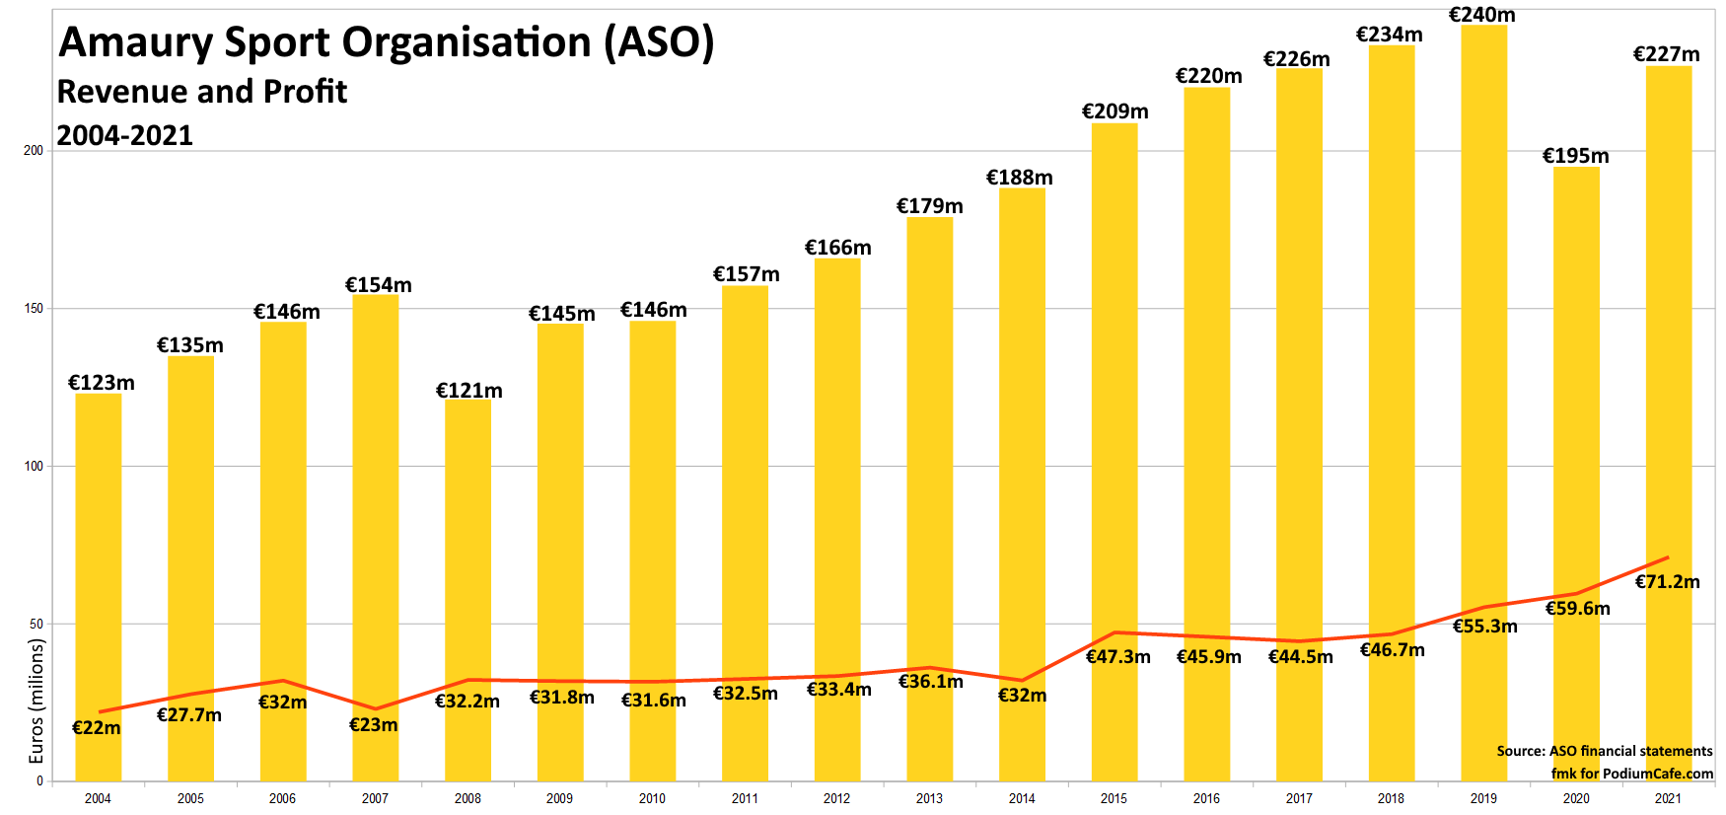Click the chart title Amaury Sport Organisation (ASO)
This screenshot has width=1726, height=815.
(387, 42)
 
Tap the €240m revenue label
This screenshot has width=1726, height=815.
(1481, 15)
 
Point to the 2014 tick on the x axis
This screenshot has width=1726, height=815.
(1022, 798)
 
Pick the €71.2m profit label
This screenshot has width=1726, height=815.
(1667, 582)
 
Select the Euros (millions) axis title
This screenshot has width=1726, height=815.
(37, 701)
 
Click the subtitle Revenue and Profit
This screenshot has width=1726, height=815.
(202, 92)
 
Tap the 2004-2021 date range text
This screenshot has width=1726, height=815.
(125, 135)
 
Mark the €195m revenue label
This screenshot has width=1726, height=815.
(1575, 156)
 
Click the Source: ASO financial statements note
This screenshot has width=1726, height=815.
(1604, 751)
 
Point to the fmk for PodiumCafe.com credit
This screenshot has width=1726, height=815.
(1631, 774)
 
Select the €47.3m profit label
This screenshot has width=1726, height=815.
(1117, 657)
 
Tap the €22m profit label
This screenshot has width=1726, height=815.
(97, 728)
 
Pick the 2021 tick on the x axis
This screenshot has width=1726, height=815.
(1668, 798)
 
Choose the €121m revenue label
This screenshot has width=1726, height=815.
(468, 391)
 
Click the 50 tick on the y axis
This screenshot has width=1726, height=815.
(36, 624)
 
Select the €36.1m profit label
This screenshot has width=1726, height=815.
(930, 682)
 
